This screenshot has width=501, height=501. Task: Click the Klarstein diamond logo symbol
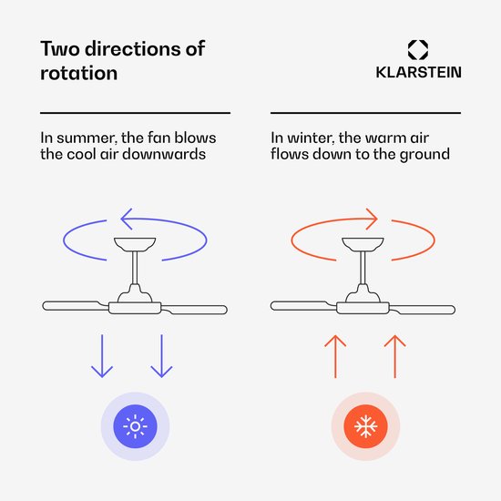click(x=417, y=50)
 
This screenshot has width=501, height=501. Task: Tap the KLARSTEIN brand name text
click(x=419, y=72)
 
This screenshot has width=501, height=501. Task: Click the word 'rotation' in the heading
click(x=79, y=73)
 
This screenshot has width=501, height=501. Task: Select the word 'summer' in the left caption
click(x=86, y=138)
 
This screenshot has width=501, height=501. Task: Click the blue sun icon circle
click(x=135, y=426)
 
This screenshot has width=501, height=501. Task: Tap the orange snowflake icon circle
click(x=365, y=426)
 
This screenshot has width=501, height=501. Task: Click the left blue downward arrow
click(x=102, y=356)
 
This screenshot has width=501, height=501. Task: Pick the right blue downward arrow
click(x=161, y=356)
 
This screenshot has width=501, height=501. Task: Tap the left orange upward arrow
click(x=335, y=356)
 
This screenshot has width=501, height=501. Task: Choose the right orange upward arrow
click(x=395, y=356)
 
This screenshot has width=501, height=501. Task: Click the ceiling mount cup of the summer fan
click(x=135, y=244)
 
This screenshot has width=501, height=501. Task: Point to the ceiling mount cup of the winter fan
click(x=363, y=244)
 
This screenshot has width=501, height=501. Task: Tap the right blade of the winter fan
click(x=423, y=310)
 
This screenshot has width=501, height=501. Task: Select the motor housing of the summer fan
click(x=135, y=308)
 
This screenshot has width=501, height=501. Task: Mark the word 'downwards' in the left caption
click(x=164, y=154)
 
